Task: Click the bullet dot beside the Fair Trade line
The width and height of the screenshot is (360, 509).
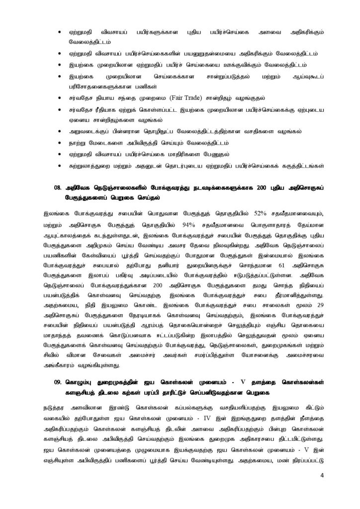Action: pos(60,97)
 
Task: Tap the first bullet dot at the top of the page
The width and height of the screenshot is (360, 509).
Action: pos(60,32)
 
